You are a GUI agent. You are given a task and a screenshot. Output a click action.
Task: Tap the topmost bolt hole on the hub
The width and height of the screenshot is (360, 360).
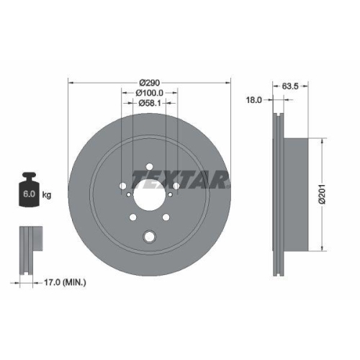(149, 169)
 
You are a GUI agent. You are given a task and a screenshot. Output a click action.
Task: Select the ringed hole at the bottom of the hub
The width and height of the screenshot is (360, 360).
(149, 236)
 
